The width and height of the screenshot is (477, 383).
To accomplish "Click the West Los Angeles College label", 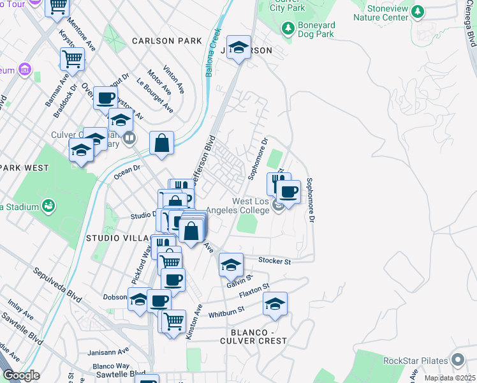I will (x=250, y=206).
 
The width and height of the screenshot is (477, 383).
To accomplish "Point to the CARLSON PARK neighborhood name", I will (x=167, y=41).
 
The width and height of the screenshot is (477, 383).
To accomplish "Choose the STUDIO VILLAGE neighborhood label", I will (x=119, y=238).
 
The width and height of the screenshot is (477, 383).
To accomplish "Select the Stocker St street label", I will (x=275, y=261).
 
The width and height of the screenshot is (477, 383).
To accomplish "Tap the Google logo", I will (x=21, y=375).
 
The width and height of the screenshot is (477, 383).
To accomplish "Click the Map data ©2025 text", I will (x=450, y=378).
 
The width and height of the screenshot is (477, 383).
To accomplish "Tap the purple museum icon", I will (x=25, y=68).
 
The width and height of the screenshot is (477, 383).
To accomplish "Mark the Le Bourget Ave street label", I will (x=154, y=95).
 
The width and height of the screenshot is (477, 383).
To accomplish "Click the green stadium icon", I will (x=47, y=206).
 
